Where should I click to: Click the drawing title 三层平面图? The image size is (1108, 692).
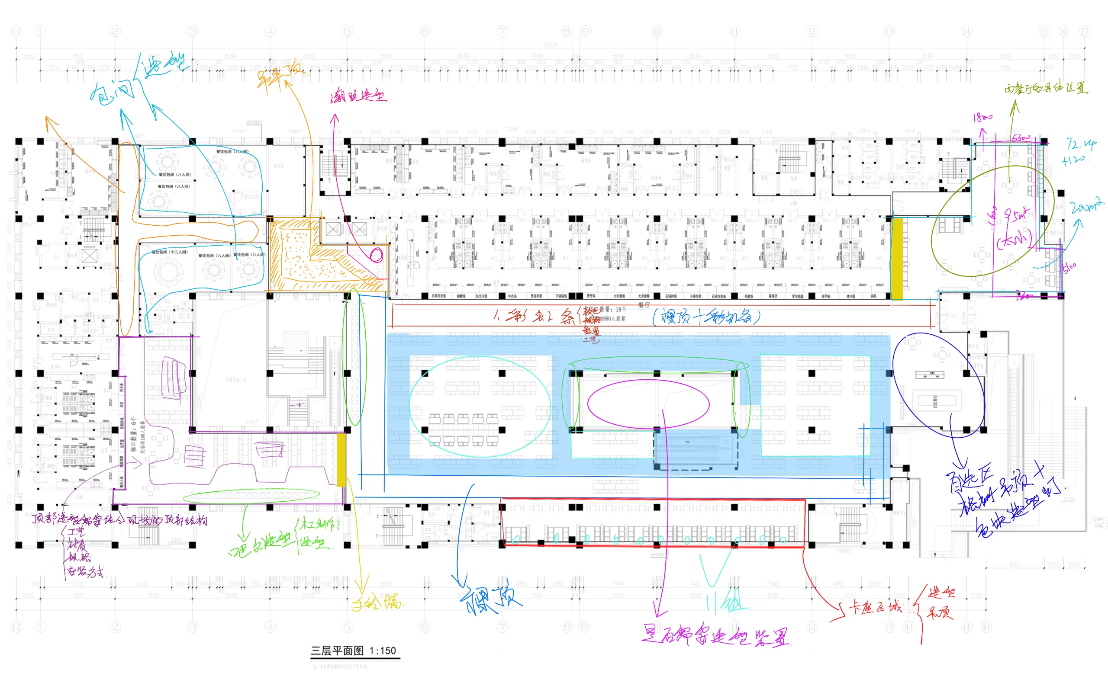337,650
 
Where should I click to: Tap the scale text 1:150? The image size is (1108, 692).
383,650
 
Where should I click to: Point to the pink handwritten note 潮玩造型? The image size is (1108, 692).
358,96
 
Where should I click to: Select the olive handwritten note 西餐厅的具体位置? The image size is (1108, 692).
1046,88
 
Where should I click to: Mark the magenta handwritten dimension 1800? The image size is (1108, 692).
982,118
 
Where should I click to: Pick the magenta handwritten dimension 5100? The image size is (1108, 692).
1069,268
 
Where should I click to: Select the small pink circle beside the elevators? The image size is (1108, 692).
376,255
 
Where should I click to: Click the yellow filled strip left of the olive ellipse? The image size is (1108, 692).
896,259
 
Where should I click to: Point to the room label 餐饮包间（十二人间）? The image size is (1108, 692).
169,252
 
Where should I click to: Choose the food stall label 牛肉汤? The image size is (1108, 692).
512,296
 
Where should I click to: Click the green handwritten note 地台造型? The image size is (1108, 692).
260,545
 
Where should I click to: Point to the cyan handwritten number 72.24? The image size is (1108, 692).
1081,144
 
